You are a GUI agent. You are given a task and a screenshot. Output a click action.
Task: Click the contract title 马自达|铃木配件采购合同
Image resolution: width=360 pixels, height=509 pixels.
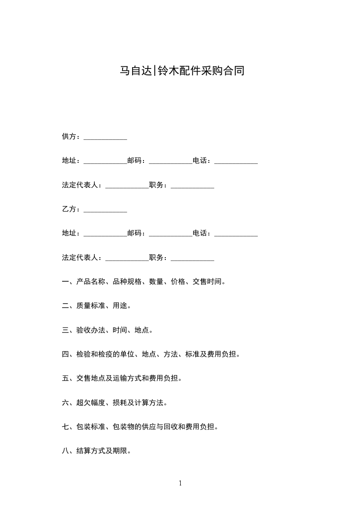point(182,71)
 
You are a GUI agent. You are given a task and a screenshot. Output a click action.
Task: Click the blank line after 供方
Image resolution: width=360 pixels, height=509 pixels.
point(105,137)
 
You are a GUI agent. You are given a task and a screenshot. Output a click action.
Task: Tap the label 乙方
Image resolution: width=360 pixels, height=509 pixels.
point(69,209)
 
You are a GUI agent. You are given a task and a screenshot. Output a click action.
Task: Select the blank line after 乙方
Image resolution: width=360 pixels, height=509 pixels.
point(105,210)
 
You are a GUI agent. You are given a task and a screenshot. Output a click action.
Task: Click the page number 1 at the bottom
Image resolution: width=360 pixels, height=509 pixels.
point(180,483)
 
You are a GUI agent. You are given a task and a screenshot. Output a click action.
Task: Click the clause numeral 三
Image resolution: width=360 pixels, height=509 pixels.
point(65,330)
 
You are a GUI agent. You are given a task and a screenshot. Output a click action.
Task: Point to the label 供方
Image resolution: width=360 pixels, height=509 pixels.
point(69,137)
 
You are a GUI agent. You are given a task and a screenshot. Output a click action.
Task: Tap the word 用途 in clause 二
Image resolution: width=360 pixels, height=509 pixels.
point(120,306)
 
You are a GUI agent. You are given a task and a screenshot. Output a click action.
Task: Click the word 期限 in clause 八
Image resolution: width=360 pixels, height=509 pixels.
point(120,451)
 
